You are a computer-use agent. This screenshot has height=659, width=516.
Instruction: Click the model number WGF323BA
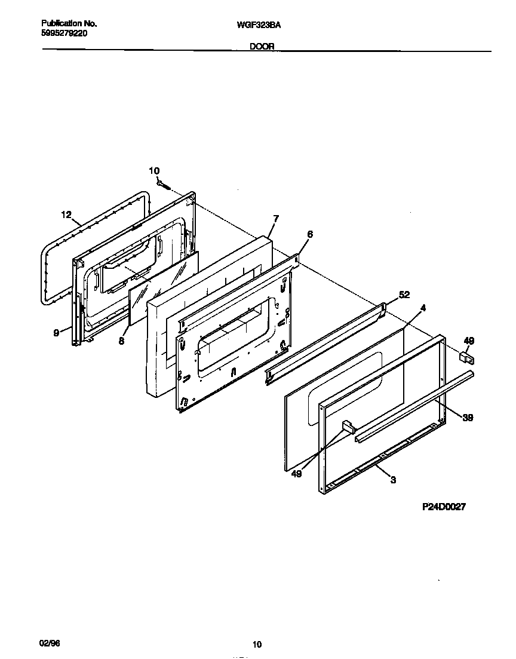coord(259,24)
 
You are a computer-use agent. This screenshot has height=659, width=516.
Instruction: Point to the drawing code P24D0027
coord(444,506)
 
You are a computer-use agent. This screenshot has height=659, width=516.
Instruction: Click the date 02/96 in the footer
coord(50,643)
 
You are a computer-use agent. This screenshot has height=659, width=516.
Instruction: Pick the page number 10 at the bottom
coord(257,644)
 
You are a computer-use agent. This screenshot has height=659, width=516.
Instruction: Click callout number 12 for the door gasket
coord(66,214)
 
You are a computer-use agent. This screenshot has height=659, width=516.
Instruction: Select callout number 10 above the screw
coord(154,171)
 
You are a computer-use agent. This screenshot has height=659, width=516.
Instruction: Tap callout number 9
coord(57,333)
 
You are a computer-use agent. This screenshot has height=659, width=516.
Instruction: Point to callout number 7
coord(275,219)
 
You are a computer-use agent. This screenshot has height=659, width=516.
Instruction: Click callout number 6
coord(309,235)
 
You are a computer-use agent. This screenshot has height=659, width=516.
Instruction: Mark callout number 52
coord(404,295)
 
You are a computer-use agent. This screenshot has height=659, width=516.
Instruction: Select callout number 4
coord(422,308)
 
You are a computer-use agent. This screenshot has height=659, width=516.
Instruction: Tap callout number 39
coord(468,418)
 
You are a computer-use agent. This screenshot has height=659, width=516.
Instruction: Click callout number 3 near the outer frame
coord(394,479)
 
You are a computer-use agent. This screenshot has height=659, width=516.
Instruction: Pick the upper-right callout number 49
coord(469,341)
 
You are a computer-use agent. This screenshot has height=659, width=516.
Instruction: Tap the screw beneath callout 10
coord(163,183)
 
